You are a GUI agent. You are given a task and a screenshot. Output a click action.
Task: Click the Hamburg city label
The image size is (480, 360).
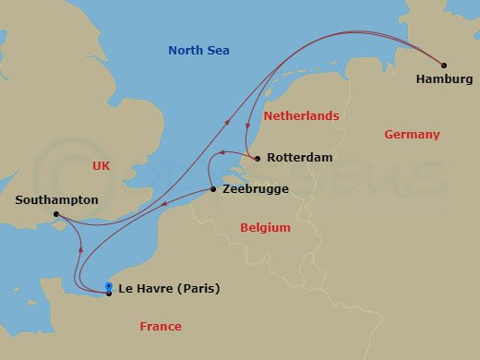[444, 80]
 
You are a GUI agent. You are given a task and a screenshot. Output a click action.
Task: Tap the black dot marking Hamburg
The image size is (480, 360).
[444, 66]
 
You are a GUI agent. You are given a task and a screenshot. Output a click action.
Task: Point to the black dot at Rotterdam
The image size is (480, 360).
[258, 158]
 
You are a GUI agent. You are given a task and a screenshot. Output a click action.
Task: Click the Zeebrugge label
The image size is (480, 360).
[256, 189]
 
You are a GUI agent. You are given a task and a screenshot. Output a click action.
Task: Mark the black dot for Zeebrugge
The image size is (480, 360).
[214, 189]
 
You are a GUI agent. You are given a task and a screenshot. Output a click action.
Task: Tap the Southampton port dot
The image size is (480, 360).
[55, 214]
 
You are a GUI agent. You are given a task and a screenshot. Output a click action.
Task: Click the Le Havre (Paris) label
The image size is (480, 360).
[170, 289]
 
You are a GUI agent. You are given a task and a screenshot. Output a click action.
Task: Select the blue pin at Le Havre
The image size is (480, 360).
[109, 286]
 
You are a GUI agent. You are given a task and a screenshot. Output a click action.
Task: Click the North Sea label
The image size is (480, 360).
[198, 51]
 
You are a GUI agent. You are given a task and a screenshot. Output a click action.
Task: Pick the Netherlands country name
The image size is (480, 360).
[301, 117]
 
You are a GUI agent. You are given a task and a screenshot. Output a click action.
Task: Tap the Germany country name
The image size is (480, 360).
[412, 135]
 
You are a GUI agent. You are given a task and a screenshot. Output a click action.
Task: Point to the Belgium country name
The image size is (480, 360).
[265, 228]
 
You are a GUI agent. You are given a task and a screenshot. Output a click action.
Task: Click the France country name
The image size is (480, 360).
[161, 327]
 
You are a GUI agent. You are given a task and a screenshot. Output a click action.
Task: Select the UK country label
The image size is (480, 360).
[102, 165]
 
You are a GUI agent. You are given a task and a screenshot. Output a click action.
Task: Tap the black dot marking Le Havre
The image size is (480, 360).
[109, 294]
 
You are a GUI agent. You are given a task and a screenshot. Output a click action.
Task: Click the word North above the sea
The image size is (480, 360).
[186, 51]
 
